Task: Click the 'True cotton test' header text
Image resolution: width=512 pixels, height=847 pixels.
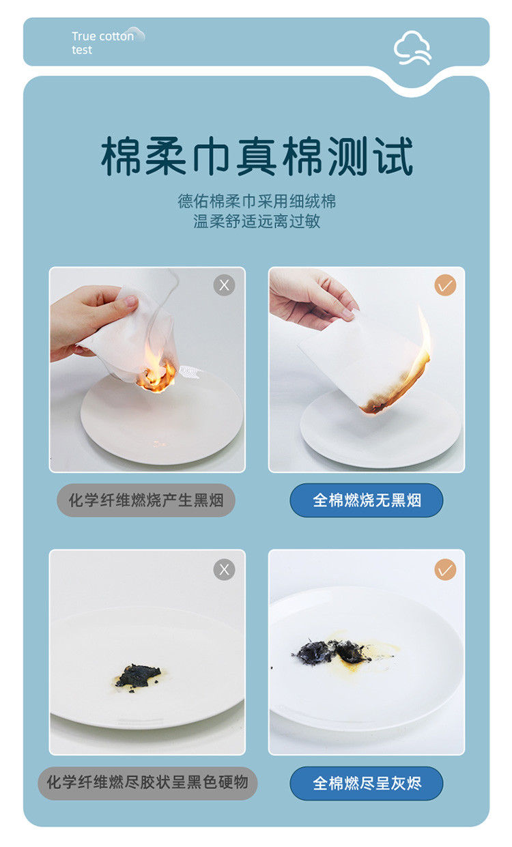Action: click(102, 43)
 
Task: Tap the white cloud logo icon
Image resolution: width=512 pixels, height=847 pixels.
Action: click(412, 48)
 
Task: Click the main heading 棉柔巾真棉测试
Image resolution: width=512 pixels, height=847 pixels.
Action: click(257, 156)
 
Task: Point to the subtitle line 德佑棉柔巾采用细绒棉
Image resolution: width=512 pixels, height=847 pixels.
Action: click(257, 201)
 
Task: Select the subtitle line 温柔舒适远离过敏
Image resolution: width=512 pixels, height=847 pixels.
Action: click(257, 221)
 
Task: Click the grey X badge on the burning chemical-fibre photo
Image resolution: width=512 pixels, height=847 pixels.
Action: click(224, 285)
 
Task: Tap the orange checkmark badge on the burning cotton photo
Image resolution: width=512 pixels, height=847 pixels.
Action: click(445, 285)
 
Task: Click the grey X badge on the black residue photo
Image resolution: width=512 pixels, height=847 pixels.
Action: click(224, 569)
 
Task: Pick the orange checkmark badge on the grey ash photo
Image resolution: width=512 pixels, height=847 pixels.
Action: click(445, 569)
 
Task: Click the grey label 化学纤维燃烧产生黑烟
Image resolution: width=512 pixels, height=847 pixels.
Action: click(146, 500)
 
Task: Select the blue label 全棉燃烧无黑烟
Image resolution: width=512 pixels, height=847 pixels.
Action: click(367, 500)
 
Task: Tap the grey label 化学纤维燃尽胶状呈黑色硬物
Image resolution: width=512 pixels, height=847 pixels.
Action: click(147, 782)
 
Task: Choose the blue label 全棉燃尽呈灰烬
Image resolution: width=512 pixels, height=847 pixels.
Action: click(367, 783)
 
